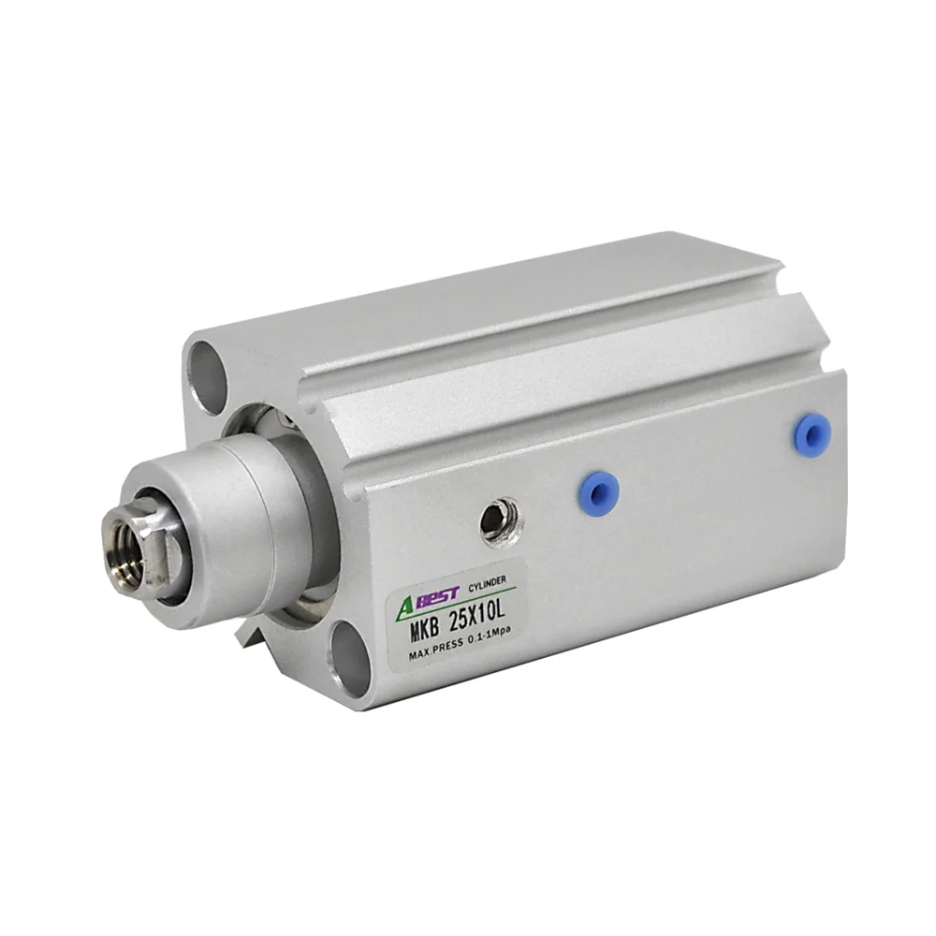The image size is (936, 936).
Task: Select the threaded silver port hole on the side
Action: coord(502,521)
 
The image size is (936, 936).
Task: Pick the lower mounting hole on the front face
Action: coord(348,657)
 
